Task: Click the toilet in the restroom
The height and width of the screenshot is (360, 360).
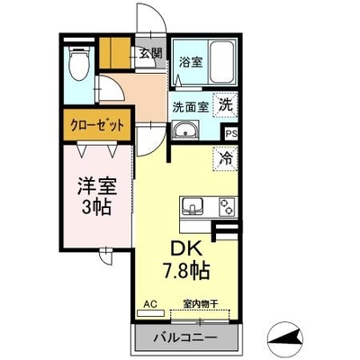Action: click(79, 63)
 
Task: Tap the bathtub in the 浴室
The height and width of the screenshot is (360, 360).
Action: click(221, 62)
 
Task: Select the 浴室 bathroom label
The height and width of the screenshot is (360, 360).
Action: click(191, 62)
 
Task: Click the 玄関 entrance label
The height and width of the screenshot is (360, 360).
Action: click(150, 54)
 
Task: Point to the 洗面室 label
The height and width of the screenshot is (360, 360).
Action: click(190, 107)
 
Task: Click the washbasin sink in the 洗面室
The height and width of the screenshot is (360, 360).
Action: click(184, 130)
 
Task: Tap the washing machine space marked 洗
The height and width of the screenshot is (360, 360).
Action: click(225, 105)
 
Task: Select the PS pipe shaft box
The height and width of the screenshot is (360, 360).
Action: click(231, 133)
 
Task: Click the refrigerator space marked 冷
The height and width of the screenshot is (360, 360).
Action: click(225, 158)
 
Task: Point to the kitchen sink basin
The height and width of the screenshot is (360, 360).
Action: click(192, 206)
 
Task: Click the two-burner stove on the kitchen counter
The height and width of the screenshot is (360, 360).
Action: click(228, 206)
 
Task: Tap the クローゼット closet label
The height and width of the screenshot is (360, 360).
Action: click(96, 125)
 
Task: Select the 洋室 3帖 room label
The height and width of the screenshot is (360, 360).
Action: click(97, 196)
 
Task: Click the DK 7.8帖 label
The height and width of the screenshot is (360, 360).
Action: click(186, 260)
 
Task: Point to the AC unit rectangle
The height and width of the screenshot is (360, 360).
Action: click(150, 313)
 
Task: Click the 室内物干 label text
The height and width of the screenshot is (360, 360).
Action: click(201, 304)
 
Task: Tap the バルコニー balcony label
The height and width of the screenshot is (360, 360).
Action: click(185, 338)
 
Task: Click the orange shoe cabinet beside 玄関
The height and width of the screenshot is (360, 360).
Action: click(115, 53)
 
